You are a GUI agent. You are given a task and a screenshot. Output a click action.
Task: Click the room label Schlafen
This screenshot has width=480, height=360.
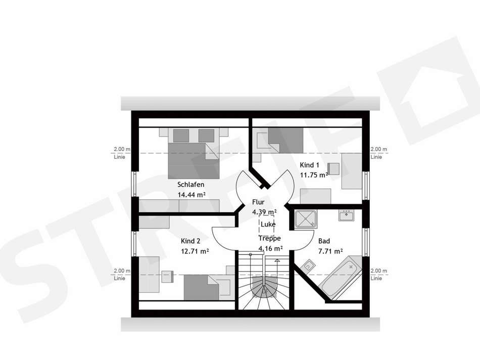[190, 185]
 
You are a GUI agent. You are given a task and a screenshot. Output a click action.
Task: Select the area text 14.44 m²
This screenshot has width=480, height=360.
[191, 195]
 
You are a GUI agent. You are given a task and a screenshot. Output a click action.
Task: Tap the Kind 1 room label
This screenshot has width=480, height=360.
[310, 165]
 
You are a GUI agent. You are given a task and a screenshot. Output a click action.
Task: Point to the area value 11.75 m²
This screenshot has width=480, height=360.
[314, 175]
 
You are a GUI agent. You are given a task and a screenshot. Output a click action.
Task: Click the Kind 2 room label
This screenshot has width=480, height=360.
[190, 241]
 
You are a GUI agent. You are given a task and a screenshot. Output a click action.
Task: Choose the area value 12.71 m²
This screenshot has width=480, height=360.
[195, 251]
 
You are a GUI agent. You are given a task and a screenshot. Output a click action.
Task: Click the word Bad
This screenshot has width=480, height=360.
[324, 241]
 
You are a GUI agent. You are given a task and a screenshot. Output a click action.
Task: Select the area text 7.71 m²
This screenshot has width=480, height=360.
[330, 251]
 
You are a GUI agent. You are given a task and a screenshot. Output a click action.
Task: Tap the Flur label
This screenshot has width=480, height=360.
[258, 202]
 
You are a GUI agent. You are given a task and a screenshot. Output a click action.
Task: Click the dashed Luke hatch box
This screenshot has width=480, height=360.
[267, 224]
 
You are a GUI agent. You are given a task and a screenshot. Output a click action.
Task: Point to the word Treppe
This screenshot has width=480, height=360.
[269, 238]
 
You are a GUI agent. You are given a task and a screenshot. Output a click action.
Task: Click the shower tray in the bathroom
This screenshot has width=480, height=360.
[306, 219]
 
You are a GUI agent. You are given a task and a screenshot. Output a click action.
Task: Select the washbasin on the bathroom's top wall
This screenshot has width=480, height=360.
[346, 215]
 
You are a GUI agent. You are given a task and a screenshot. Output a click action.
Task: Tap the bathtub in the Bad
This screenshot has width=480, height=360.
[341, 277]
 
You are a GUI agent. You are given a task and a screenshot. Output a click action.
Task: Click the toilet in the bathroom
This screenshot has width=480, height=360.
[308, 266]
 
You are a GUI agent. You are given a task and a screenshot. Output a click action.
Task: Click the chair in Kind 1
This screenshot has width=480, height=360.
[333, 168]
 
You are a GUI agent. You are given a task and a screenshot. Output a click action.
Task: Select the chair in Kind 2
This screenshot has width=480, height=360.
[167, 277]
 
